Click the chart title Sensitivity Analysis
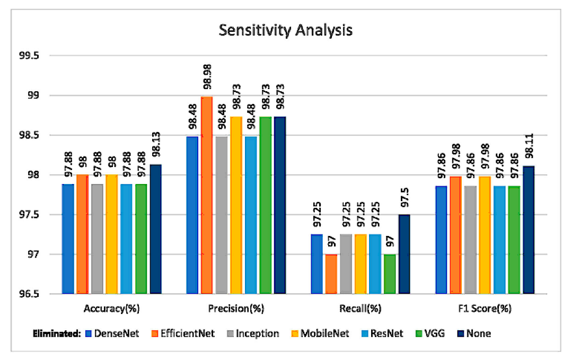pos(285,30)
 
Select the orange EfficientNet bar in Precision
pos(207,195)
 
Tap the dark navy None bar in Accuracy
pos(156,229)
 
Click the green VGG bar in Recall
pos(390,274)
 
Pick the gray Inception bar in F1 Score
pos(470,240)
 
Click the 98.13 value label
pos(156,145)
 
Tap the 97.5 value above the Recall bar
pos(405,198)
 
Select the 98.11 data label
pos(529,146)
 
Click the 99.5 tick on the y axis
pos(29,56)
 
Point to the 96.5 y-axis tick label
pos(29,294)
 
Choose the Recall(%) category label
pos(360,309)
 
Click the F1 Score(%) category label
pos(485,309)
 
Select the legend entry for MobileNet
pos(320,333)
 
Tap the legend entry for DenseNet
pos(112,333)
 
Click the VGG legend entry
pos(430,333)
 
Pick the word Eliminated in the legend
pos(56,333)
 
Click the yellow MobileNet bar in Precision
pos(236,205)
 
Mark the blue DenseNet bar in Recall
pos(317,264)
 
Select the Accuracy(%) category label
pos(111,309)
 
